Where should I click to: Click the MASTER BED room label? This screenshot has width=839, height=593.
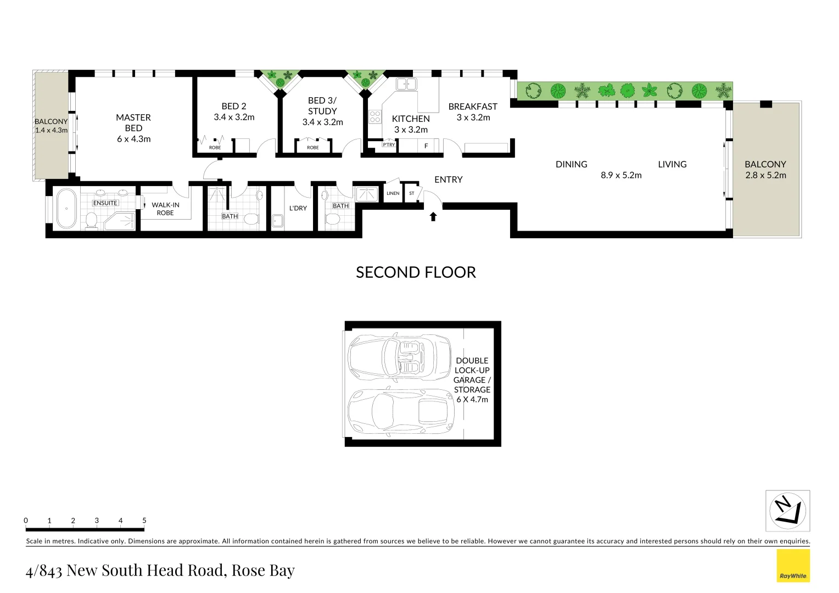point(133,122)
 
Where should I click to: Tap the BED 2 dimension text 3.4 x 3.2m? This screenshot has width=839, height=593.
point(234,117)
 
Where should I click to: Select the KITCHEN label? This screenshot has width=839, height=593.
point(411,119)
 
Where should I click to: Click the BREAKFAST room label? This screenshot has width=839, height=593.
point(473,107)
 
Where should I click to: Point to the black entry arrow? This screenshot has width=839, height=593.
point(433,216)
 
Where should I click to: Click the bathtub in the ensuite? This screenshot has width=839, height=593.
point(66,209)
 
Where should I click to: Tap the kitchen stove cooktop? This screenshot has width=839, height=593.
point(375,116)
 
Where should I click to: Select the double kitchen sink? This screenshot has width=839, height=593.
point(406,84)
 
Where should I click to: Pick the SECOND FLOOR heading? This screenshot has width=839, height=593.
point(416,272)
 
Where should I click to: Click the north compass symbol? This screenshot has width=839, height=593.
point(787,511)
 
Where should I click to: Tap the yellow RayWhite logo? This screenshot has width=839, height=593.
point(793,566)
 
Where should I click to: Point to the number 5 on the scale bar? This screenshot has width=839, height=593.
point(144,521)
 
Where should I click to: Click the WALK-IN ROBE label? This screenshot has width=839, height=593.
point(165,209)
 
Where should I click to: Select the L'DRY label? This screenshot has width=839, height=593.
point(298,208)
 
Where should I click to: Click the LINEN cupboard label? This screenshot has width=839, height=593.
point(393,193)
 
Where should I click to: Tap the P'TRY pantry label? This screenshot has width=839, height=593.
point(389,145)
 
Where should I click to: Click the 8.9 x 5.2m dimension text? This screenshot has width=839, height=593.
point(621,175)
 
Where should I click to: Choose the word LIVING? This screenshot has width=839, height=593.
point(672,164)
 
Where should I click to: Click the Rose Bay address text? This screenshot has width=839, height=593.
point(160,570)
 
